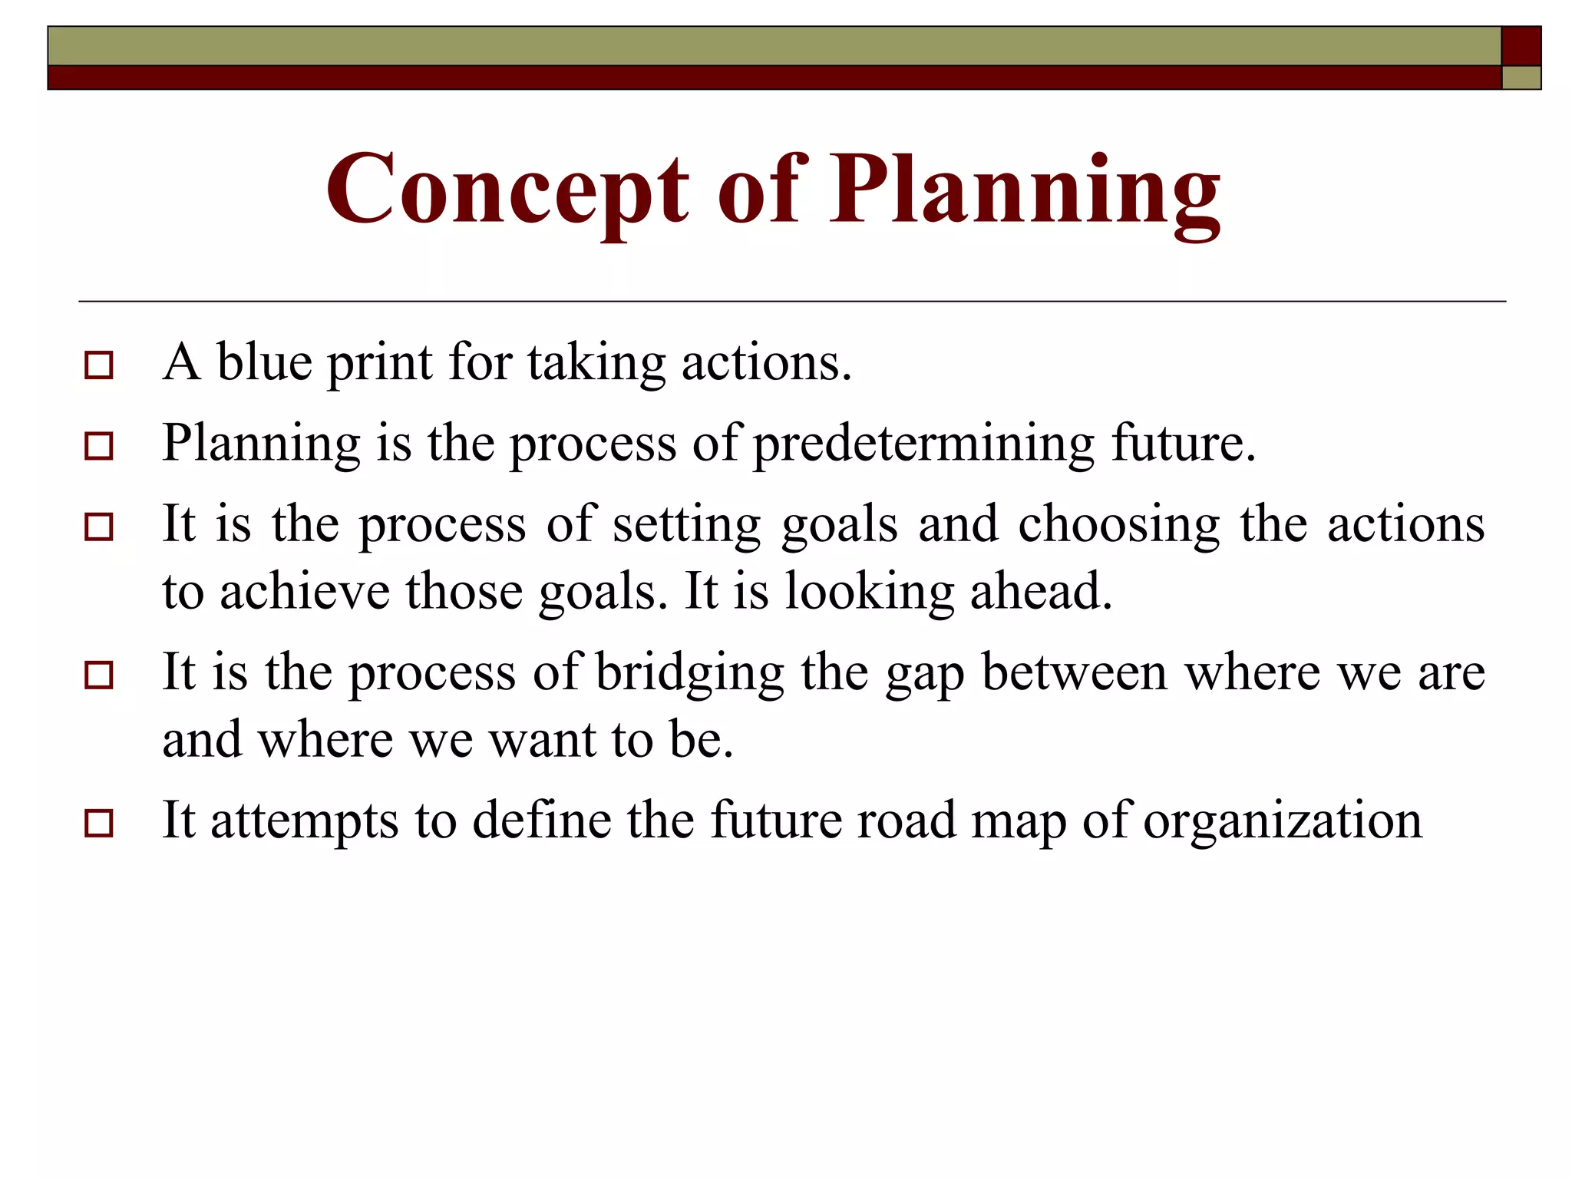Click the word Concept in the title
tap(507, 190)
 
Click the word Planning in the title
tap(1025, 190)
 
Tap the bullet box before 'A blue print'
tap(99, 365)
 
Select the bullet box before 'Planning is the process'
tap(99, 446)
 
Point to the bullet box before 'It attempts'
tap(99, 824)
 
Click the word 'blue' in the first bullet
tap(264, 362)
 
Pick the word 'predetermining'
tap(923, 444)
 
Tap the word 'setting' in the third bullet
tap(686, 525)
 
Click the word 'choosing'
tap(1118, 525)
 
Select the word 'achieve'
tap(305, 592)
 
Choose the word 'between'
tap(1075, 672)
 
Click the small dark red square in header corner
tap(1521, 46)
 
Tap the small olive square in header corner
tap(1521, 78)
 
